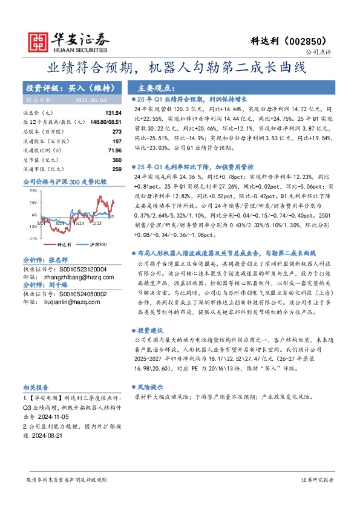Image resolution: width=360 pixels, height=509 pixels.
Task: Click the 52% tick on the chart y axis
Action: point(34,191)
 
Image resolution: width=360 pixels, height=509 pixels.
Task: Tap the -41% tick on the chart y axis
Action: point(33,238)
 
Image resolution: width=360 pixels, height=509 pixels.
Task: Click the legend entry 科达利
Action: point(64,245)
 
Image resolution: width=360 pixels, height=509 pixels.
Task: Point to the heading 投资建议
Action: point(151,331)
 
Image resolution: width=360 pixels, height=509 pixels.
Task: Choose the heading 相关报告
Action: point(37,386)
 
